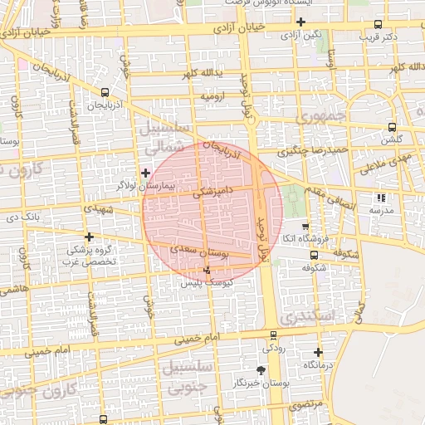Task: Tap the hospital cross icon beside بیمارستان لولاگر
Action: tap(146, 173)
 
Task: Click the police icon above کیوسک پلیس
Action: tap(207, 270)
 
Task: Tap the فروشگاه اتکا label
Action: tap(306, 239)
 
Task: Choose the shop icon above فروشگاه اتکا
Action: tap(305, 227)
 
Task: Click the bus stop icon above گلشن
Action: tap(392, 127)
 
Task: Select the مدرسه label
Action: tap(381, 211)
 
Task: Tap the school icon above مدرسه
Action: tap(381, 198)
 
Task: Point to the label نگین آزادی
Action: tap(300, 35)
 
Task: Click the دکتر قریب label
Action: tap(379, 37)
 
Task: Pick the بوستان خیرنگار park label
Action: tap(261, 383)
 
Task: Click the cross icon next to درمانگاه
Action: tap(318, 352)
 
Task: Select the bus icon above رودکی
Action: tap(275, 335)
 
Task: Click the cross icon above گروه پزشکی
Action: tap(89, 237)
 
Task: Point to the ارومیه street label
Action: tap(211, 97)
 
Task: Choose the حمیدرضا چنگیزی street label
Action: tap(309, 150)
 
